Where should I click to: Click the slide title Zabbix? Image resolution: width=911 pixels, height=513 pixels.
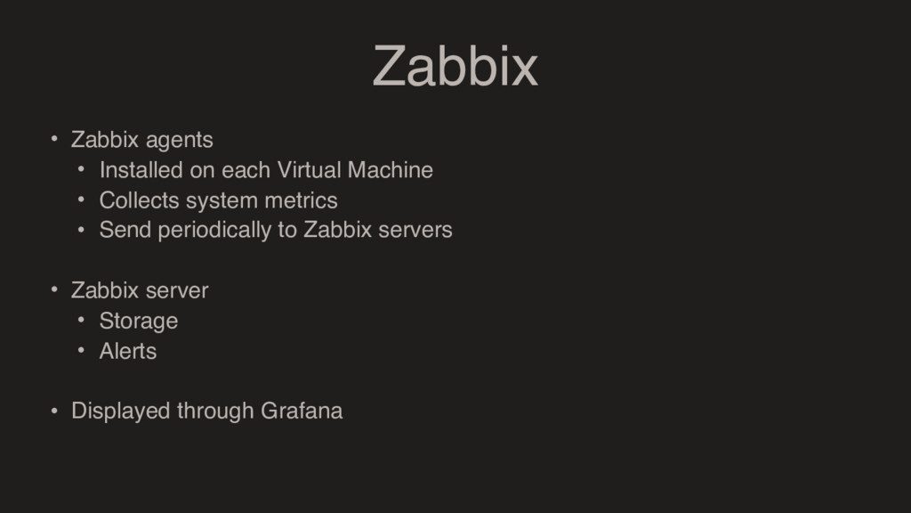click(x=455, y=67)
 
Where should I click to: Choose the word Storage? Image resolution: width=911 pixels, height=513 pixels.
click(x=139, y=321)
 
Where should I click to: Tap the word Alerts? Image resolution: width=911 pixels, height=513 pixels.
click(x=128, y=351)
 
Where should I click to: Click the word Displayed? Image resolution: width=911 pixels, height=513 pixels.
click(x=120, y=411)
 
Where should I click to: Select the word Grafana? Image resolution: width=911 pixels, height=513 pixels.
click(x=302, y=411)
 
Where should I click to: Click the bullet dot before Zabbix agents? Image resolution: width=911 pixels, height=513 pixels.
click(x=53, y=139)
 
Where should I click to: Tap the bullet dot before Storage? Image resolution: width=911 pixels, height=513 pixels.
click(x=81, y=320)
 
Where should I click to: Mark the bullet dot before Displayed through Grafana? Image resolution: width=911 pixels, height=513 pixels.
click(x=53, y=411)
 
